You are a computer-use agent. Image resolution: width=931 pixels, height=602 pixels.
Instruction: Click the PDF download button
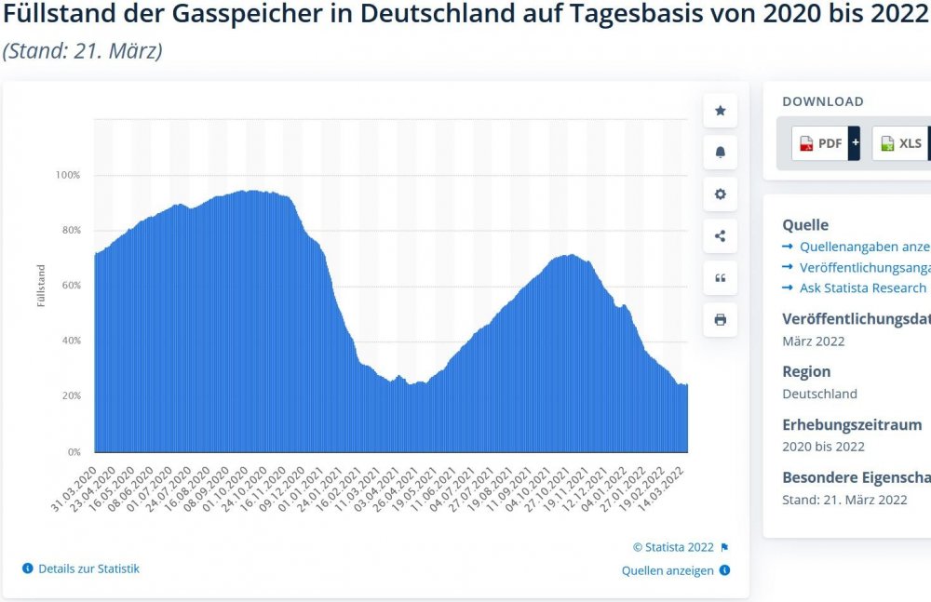pyautogui.click(x=818, y=143)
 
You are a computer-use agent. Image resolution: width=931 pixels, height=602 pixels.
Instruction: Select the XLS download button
pyautogui.click(x=899, y=143)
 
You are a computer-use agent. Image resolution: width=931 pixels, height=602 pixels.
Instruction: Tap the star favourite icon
pyautogui.click(x=720, y=111)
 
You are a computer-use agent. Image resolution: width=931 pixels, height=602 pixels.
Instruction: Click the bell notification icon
pyautogui.click(x=720, y=153)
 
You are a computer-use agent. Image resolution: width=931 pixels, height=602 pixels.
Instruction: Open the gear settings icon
pyautogui.click(x=720, y=194)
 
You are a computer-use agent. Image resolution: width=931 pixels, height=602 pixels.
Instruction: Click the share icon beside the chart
pyautogui.click(x=720, y=236)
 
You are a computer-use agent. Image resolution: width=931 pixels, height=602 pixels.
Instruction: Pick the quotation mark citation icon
pyautogui.click(x=720, y=278)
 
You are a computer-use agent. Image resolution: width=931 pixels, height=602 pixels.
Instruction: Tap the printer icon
pyautogui.click(x=720, y=320)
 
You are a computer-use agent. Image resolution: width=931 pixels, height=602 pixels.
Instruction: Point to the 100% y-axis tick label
pyautogui.click(x=68, y=175)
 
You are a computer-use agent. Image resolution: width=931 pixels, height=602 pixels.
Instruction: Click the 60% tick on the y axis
pyautogui.click(x=70, y=286)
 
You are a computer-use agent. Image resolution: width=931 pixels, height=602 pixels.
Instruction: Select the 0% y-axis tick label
pyautogui.click(x=73, y=452)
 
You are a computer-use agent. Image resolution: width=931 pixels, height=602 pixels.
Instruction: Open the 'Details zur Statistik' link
pyautogui.click(x=88, y=569)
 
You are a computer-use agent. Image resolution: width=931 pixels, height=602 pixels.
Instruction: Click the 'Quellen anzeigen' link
pyautogui.click(x=667, y=570)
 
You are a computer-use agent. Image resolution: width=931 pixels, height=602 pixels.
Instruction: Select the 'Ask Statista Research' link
pyautogui.click(x=862, y=288)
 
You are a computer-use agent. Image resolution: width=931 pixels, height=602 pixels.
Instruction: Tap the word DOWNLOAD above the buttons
pyautogui.click(x=822, y=101)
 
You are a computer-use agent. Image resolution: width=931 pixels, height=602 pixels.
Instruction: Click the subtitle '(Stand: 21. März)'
pyautogui.click(x=83, y=50)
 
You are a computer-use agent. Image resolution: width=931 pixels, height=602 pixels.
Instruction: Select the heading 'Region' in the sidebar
pyautogui.click(x=806, y=371)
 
